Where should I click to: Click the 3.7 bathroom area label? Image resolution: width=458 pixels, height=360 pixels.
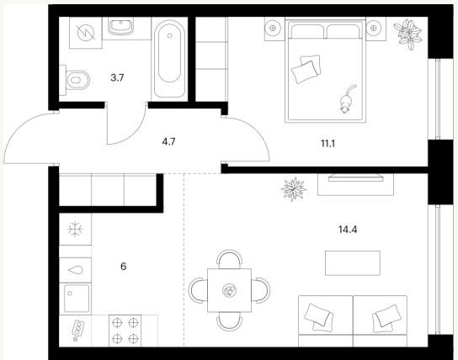point(117,77)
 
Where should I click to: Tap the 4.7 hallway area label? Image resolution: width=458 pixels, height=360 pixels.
point(168,142)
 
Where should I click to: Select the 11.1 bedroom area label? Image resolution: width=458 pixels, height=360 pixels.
point(328,144)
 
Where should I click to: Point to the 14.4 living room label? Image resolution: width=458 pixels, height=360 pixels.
point(348,230)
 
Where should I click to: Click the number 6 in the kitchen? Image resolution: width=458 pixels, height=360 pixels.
point(123,267)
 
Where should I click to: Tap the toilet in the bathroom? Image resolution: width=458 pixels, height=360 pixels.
point(75,80)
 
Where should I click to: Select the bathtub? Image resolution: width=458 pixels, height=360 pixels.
point(169,59)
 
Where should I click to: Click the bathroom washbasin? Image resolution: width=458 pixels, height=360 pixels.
point(120,26)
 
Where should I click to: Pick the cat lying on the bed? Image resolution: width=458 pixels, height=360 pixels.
point(347,99)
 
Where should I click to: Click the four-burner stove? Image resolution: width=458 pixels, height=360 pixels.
point(125,331)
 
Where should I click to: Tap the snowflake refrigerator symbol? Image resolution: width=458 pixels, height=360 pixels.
point(75,229)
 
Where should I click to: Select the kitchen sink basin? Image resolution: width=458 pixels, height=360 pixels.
point(77,299)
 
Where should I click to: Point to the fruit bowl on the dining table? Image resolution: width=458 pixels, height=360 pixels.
point(229,290)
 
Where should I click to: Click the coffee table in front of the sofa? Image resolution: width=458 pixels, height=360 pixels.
point(353,263)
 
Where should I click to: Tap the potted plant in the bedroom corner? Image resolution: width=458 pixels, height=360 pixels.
point(407,34)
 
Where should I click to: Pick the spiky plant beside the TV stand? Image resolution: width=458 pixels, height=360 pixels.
point(294,189)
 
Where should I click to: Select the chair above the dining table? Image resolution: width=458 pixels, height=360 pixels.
point(229,259)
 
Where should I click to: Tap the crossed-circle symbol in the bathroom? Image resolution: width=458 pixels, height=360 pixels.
point(86,32)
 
